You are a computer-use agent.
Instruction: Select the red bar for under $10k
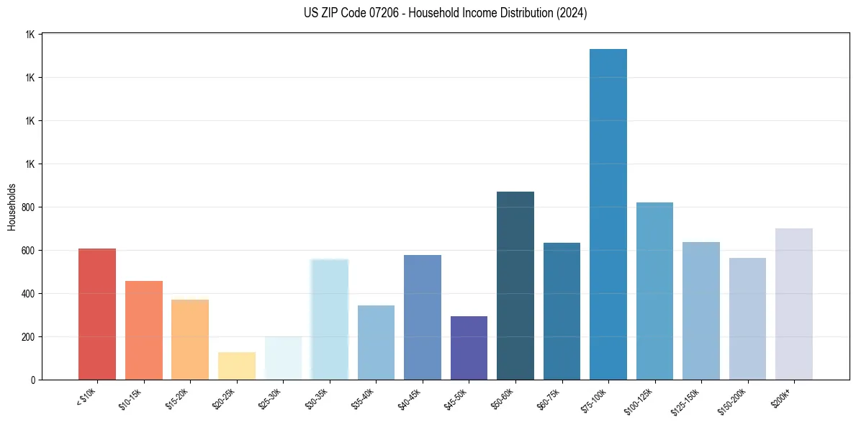click(x=97, y=314)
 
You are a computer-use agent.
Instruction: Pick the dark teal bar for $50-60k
click(x=515, y=285)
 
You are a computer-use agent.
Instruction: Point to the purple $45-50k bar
click(x=469, y=348)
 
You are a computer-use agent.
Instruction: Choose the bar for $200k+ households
click(x=793, y=304)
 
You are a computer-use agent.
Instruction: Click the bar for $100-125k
click(x=654, y=291)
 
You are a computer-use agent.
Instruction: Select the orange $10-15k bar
click(x=143, y=330)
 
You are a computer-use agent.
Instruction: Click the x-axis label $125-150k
click(x=689, y=400)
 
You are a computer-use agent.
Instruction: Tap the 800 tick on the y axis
click(x=27, y=207)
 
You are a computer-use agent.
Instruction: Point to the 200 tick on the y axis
click(x=27, y=337)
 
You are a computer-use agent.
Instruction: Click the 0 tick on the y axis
click(x=32, y=380)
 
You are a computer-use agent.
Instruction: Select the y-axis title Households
click(x=12, y=207)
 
